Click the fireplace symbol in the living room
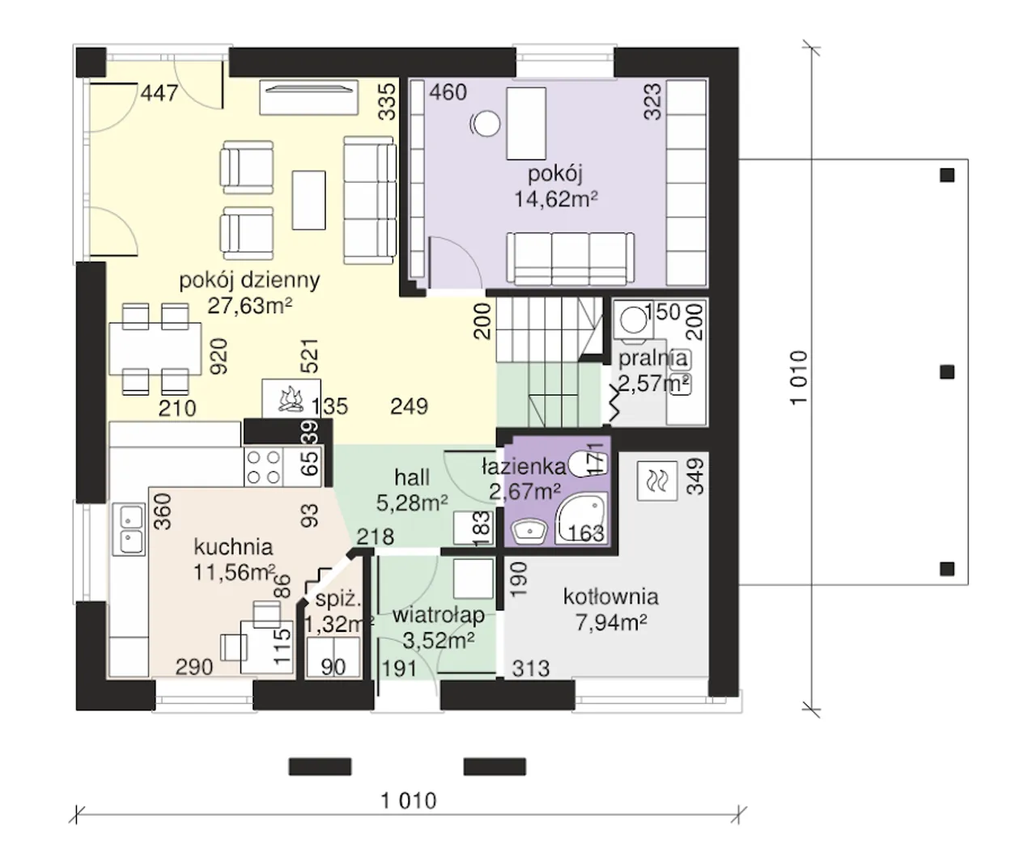(291, 399)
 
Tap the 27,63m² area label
(249, 306)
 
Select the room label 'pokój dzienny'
(249, 282)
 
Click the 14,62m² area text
(555, 199)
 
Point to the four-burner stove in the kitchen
(264, 467)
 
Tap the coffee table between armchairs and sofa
(308, 201)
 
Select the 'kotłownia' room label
(611, 596)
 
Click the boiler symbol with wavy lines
(657, 481)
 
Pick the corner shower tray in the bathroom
(583, 519)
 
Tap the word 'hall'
(412, 477)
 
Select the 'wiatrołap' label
(439, 616)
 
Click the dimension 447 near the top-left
(159, 93)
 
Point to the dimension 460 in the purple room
(448, 92)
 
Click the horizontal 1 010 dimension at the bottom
(409, 801)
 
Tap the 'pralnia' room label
(653, 358)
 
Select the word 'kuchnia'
(233, 547)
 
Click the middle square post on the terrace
(947, 372)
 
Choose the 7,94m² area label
(611, 622)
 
